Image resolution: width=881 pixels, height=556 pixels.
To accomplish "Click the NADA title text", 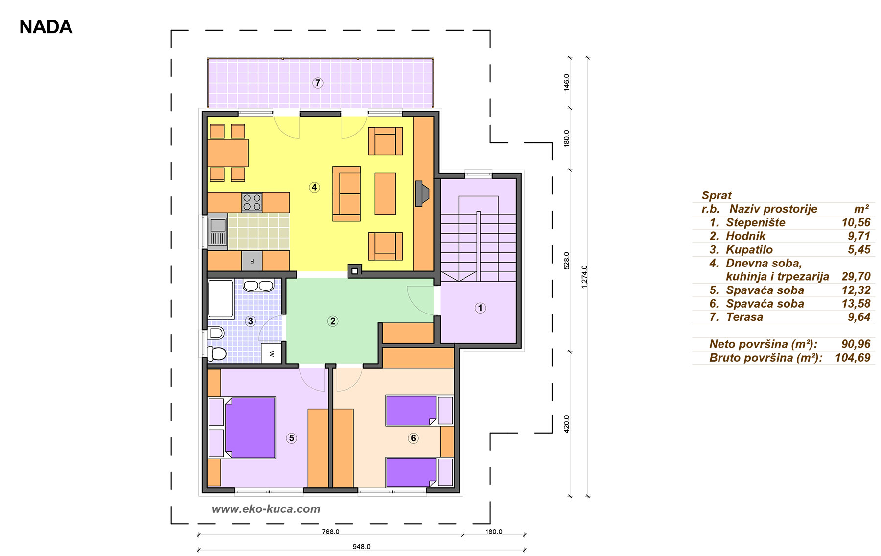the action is pos(46,27).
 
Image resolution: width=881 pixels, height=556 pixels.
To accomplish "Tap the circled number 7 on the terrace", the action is pos(318,83).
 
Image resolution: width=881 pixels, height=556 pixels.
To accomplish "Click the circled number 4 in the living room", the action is pos(314,187).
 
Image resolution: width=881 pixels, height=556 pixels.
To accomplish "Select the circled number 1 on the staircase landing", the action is pos(480,308).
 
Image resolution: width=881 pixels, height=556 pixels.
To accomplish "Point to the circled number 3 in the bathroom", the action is pos(250,321).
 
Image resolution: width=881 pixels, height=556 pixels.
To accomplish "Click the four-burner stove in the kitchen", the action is pos(252,202).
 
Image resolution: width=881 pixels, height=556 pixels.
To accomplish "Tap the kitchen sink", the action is pos(217,231).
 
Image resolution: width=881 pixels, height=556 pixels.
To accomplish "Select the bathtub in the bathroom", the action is pos(221,299).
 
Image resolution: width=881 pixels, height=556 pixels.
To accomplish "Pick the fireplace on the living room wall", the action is pos(421,193).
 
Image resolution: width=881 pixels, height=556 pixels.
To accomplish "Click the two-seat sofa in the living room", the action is pos(347,193).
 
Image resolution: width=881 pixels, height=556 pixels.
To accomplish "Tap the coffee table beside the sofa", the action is pos(385,193).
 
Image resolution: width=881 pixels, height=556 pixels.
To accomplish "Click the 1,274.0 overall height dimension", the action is pos(584,277).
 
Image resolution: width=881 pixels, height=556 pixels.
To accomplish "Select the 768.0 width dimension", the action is pos(330,532).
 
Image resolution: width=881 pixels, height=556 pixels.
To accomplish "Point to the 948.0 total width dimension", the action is pos(361,547).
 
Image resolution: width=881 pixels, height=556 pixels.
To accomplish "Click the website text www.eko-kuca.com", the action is pos(266,509).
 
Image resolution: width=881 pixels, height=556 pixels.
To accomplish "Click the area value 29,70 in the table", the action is pos(856,277).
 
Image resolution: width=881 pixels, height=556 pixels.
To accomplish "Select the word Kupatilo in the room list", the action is pos(749,250).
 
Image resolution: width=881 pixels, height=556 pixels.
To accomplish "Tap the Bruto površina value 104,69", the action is pos(853,358).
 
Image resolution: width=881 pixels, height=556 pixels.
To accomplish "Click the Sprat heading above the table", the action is pos(717,195).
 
